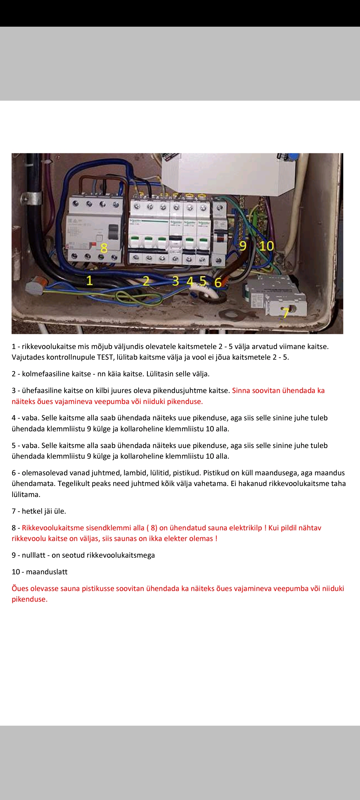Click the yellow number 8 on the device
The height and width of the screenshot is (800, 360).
click(104, 248)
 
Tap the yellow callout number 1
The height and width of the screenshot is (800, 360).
click(89, 281)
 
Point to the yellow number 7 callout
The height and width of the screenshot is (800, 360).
click(285, 313)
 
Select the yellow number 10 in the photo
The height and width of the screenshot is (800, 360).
click(266, 246)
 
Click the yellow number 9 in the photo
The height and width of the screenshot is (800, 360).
click(243, 246)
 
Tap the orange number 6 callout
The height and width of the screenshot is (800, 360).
click(218, 283)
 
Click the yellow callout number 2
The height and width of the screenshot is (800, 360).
click(146, 281)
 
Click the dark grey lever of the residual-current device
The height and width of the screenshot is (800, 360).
click(114, 232)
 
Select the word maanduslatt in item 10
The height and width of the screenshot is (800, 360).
click(47, 572)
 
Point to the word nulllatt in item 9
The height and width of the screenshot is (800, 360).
click(33, 555)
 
